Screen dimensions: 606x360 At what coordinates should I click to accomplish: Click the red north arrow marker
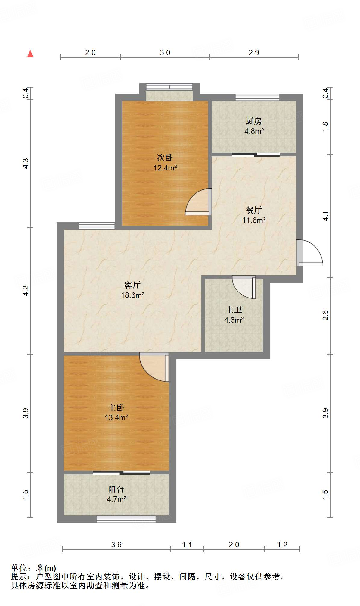[30, 54]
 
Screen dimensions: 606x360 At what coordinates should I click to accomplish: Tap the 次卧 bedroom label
[165, 158]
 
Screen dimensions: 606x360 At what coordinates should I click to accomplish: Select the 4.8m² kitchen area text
[254, 131]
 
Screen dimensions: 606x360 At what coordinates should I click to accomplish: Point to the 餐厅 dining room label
[254, 210]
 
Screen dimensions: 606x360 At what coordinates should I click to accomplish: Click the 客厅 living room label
[132, 285]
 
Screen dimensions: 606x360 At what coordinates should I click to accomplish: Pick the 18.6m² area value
[132, 295]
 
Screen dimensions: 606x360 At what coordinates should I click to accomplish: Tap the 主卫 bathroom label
[234, 310]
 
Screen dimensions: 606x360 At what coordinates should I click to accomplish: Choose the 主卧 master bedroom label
[116, 408]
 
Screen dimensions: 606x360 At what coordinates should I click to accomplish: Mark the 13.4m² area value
[116, 418]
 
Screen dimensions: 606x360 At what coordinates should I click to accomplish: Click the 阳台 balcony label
[116, 489]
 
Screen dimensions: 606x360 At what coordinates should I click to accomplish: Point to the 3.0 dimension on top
[165, 53]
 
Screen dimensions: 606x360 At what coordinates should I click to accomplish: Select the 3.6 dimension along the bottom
[116, 545]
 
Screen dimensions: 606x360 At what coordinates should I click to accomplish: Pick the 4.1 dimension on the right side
[326, 216]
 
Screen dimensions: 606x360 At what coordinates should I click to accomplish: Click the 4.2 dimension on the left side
[26, 291]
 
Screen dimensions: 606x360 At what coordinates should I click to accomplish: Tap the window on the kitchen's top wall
[257, 97]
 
